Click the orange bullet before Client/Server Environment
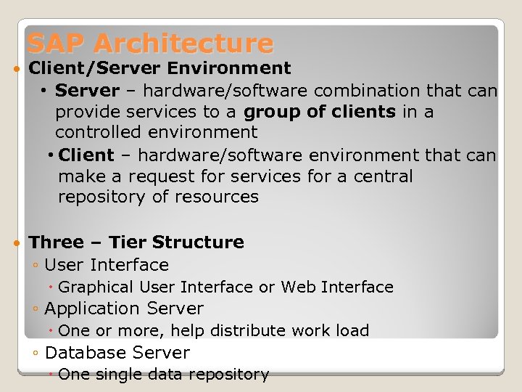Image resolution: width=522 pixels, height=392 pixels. pos(17,69)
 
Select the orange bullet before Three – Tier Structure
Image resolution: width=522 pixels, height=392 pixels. pos(17,242)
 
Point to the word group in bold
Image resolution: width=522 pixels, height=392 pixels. pos(271,112)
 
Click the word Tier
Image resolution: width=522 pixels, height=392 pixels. pos(128,242)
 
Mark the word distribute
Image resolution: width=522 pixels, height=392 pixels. pos(245,331)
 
